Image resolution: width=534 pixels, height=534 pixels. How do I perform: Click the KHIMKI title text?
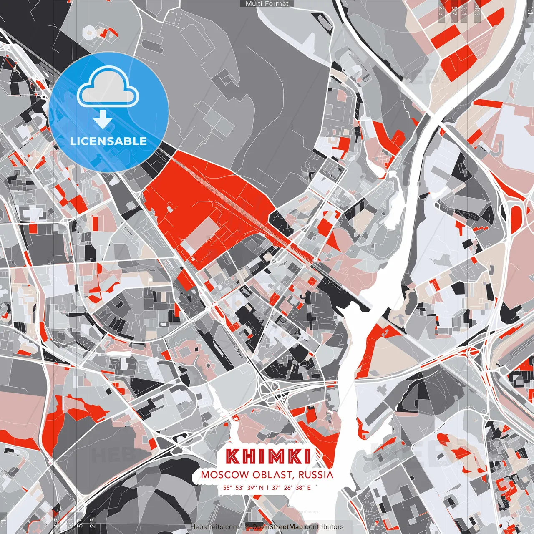tap(268, 456)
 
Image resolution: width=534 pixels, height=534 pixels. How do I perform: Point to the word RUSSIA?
tap(316, 475)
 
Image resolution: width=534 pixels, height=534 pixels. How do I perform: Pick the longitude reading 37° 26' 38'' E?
tap(291, 487)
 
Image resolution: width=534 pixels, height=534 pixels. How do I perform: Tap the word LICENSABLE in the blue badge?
tap(108, 141)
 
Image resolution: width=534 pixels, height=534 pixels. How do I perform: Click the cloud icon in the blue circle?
tap(108, 86)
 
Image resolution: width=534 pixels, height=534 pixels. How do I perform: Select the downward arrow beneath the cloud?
tap(103, 121)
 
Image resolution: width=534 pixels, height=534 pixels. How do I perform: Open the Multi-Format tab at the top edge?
tap(267, 4)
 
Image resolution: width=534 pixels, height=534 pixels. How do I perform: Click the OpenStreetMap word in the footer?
tap(277, 527)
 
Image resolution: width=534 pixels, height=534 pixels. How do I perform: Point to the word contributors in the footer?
tap(324, 527)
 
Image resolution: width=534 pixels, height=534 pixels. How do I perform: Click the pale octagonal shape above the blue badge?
tap(89, 32)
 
